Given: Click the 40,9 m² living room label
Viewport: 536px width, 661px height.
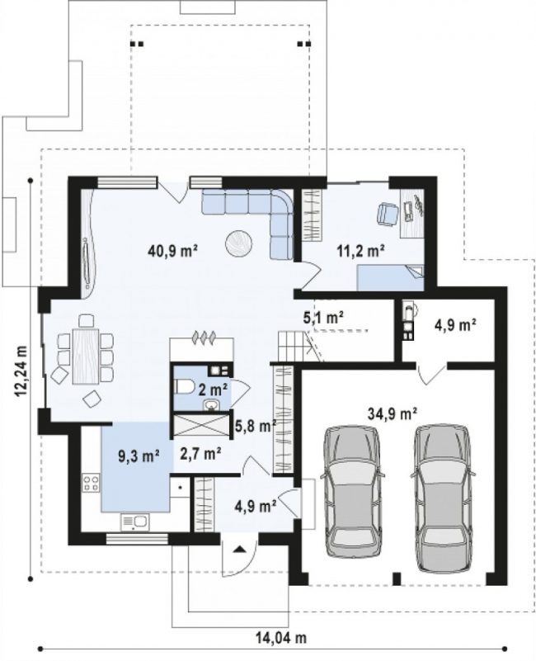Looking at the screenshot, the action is click(x=173, y=251).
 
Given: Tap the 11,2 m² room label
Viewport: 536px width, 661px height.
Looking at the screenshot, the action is click(x=360, y=251).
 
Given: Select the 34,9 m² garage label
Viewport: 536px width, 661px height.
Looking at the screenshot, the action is click(x=393, y=413).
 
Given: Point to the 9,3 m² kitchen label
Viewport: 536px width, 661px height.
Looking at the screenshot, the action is click(x=139, y=456).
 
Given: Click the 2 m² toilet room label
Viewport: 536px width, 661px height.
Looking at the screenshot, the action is click(x=214, y=388).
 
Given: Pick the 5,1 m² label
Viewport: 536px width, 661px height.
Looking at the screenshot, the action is click(x=323, y=317).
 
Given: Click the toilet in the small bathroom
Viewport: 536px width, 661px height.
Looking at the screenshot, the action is click(x=183, y=386).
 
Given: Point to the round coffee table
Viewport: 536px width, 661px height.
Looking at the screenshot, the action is click(x=239, y=243).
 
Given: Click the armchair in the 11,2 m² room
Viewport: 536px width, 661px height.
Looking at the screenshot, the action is click(x=387, y=214).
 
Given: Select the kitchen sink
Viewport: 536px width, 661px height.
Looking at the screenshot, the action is click(x=135, y=522).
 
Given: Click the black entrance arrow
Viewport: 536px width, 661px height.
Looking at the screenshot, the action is click(x=239, y=549).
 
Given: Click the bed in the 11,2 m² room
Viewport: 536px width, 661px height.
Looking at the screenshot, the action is click(x=390, y=277).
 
